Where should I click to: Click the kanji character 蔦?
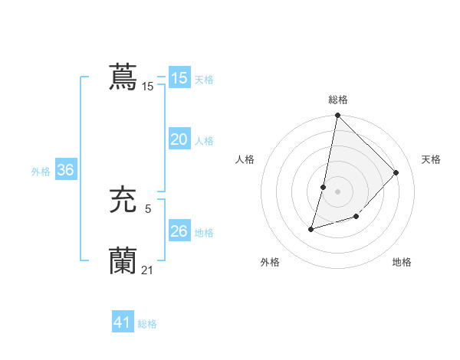coord(123,77)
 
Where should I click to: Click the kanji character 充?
coord(123,201)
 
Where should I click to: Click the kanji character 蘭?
coord(123,261)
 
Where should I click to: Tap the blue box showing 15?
coord(179,78)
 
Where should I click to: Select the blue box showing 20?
coord(179,139)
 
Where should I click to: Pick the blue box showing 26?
coord(179,231)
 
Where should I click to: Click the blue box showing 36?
coord(65,170)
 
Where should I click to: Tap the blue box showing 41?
coord(122,322)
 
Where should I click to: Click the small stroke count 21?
coord(147,270)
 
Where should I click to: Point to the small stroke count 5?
coord(148,208)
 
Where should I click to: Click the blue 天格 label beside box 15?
coord(204,80)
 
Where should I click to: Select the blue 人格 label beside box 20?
coord(204,141)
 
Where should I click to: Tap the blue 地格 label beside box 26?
coord(204,233)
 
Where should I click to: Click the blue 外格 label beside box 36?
coord(41,172)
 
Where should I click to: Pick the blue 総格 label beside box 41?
coord(147,324)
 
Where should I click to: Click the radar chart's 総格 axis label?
coord(338,100)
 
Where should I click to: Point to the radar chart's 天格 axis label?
coord(431,159)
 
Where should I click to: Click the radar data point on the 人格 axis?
coord(324,187)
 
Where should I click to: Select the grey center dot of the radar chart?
coord(338,191)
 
